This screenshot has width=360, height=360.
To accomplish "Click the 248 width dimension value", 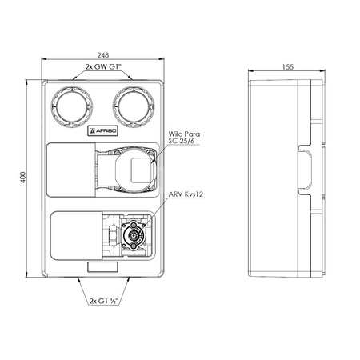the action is point(103,55).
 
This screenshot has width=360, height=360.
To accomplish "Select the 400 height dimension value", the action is point(23,178).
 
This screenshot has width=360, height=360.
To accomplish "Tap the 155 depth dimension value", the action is point(288,67).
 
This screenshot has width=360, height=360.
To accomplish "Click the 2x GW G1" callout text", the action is point(103,66).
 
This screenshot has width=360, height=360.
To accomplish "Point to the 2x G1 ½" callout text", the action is point(104,301).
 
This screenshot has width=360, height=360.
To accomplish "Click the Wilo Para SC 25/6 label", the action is point(184,138).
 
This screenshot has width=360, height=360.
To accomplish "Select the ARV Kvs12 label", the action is point(186,194).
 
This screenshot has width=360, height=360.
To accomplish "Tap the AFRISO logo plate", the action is point(102,130).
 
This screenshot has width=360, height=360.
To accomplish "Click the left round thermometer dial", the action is point(72,106).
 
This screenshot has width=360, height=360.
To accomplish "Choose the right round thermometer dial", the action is point(134,106).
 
